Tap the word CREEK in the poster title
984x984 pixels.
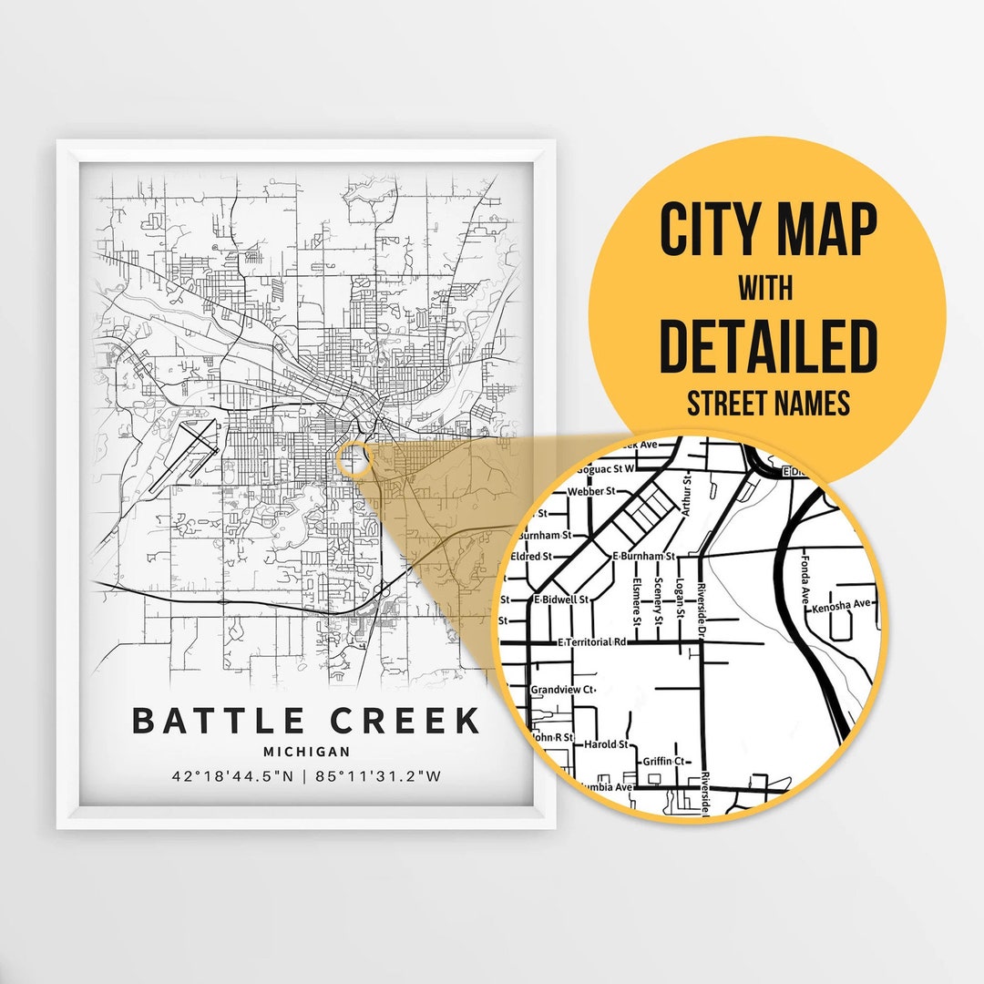coord(404,720)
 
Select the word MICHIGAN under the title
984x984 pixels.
coord(306,752)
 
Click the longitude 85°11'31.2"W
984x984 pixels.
coord(380,777)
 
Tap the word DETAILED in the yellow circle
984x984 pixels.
coord(767,347)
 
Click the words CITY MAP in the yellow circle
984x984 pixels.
coord(768,231)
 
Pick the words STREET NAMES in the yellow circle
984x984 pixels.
coord(768,403)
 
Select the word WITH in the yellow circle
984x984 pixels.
coord(765,289)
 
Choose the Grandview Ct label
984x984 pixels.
coord(562,690)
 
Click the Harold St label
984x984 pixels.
coord(606,744)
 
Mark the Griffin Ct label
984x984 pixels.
coord(663,761)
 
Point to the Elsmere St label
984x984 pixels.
coord(637,602)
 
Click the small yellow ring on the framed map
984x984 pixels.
coord(354,458)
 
